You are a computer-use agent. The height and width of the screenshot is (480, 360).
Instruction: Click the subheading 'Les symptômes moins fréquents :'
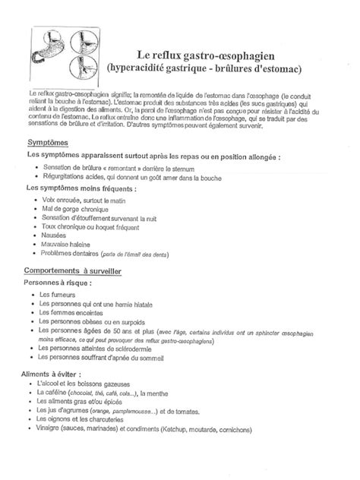[x=81, y=186]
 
